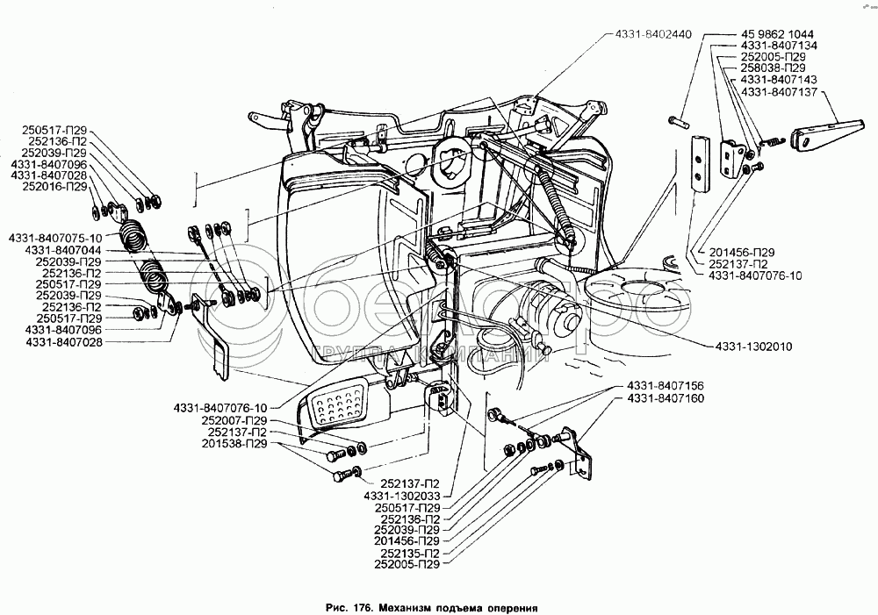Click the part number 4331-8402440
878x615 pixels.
[x=647, y=34]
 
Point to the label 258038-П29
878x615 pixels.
[x=773, y=68]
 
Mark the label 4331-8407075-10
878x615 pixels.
[x=55, y=238]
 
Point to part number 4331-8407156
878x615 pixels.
[x=666, y=387]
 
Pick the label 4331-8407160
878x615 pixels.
[x=666, y=399]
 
